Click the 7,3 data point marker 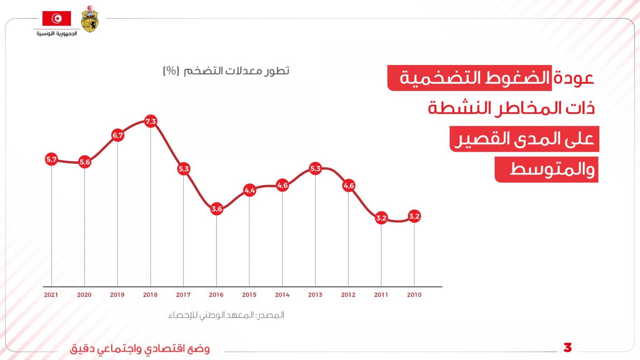point(150,121)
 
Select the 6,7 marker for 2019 point(117,135)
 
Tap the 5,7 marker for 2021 point(51,159)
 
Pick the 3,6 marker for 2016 point(217,209)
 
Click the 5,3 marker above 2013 point(315,168)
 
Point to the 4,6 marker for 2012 point(349,185)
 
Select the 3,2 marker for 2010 point(414,216)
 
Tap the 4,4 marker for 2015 point(250,190)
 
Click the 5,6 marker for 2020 point(85,162)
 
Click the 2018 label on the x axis point(150,295)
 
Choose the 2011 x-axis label point(381,295)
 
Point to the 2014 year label point(282,295)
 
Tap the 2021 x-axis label point(51,295)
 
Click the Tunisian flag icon point(57,18)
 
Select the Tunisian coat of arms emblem point(90,19)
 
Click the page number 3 point(567,347)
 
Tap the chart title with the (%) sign point(226,71)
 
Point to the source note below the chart point(226,315)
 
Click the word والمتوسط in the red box point(552,170)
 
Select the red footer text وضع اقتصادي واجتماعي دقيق point(140,348)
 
